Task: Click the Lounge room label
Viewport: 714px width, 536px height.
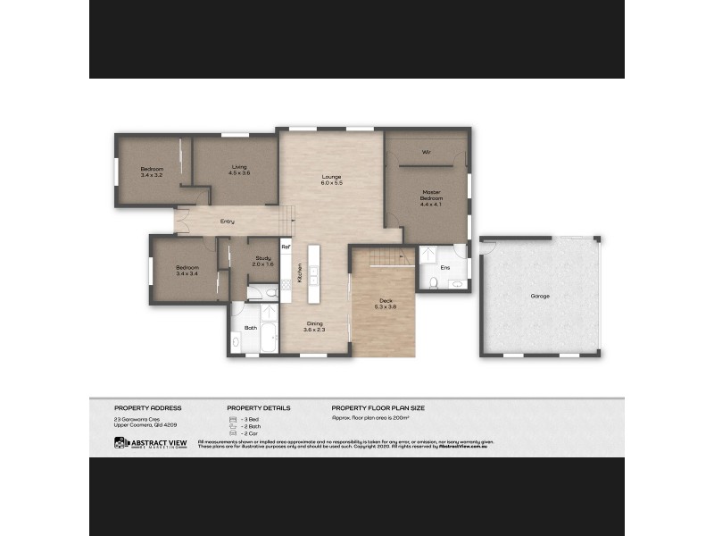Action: tap(332, 180)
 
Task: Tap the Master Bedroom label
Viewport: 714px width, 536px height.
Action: tap(431, 197)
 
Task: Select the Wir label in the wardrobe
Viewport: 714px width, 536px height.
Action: tap(427, 152)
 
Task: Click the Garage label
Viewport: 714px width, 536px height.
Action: tap(539, 296)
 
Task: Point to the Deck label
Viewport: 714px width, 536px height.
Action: tap(386, 303)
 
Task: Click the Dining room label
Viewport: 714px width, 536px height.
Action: tap(315, 326)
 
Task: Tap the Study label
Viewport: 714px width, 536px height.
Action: tap(261, 262)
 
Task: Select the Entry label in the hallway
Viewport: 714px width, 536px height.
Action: tap(228, 221)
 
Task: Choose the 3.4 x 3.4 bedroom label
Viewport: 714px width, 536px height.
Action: tap(187, 271)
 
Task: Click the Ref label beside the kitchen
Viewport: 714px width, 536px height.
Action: tap(286, 247)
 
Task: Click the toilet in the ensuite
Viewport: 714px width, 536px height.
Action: tap(433, 283)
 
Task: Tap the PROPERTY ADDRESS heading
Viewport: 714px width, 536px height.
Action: tap(147, 407)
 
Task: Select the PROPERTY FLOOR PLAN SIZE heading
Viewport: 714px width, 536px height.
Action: tap(378, 407)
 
